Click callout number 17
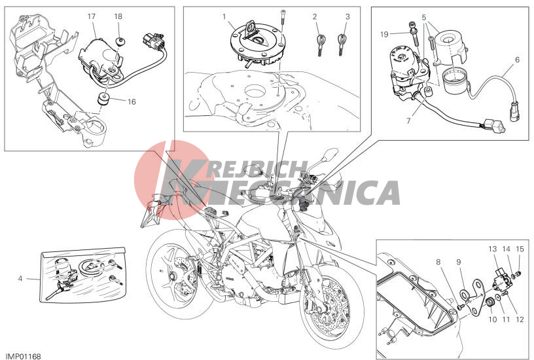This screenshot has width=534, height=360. coord(91,16)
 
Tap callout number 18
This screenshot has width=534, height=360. coord(118,16)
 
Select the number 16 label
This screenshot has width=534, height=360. coord(132,101)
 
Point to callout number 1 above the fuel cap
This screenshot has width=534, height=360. coord(224,16)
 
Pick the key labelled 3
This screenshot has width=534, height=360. coord(341,45)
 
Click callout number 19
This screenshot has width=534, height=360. coord(384,34)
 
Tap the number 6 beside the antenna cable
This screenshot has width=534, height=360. coord(517,60)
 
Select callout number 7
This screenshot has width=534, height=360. coord(408,120)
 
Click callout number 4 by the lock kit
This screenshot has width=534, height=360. coord(20,279)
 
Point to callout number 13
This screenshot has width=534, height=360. coord(493,249)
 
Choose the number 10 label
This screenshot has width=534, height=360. coord(493,319)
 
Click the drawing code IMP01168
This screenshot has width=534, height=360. coord(23,356)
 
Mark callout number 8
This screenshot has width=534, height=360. coord(438,262)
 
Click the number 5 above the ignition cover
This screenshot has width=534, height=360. coord(423,16)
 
